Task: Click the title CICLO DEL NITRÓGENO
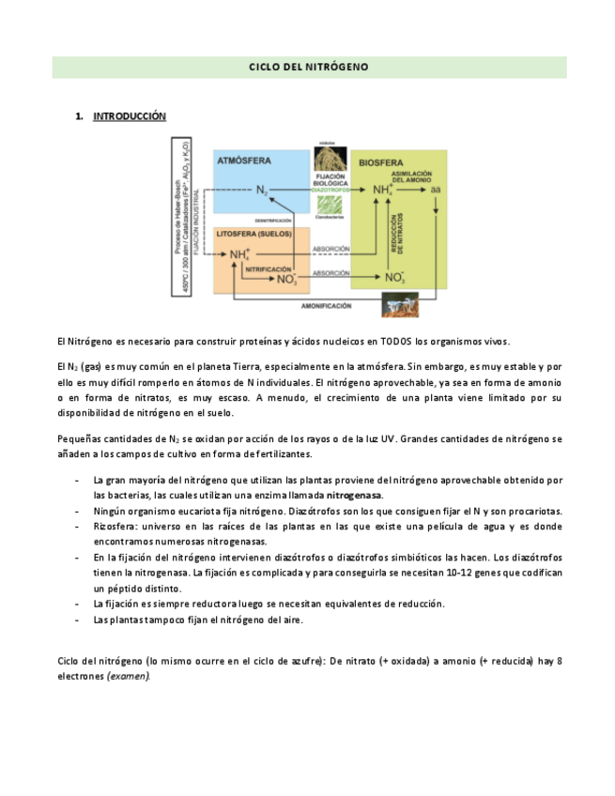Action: (308, 68)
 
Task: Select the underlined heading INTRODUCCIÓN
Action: (130, 116)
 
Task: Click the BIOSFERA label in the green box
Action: (381, 161)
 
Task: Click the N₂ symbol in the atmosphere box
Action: (262, 191)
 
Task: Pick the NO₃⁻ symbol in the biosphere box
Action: (394, 278)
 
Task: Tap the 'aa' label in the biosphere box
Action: (436, 191)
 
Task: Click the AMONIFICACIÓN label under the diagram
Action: (327, 306)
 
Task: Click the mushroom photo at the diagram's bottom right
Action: (407, 303)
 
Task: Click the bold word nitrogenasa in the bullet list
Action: (354, 495)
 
